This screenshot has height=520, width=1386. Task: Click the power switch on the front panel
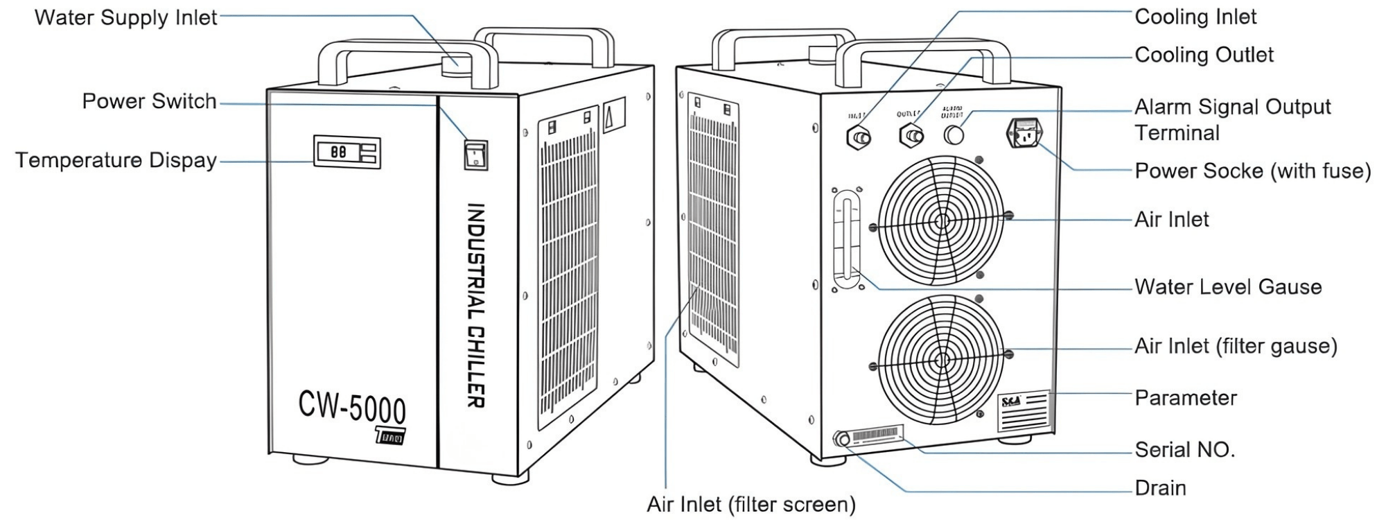pyautogui.click(x=475, y=155)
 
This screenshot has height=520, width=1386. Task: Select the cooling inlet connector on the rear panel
pyautogui.click(x=859, y=137)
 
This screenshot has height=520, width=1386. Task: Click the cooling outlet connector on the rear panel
pyautogui.click(x=911, y=135)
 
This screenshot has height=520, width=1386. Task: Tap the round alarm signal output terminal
pyautogui.click(x=954, y=134)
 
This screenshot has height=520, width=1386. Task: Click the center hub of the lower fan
pyautogui.click(x=941, y=360)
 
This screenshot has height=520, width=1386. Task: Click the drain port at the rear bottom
pyautogui.click(x=843, y=439)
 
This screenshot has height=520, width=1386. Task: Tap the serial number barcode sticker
pyautogui.click(x=877, y=435)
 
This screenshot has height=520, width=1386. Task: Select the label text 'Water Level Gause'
pyautogui.click(x=1227, y=287)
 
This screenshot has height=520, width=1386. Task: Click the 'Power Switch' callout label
pyautogui.click(x=149, y=102)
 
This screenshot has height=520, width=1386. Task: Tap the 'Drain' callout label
pyautogui.click(x=1160, y=488)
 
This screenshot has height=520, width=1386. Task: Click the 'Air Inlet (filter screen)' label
pyautogui.click(x=751, y=504)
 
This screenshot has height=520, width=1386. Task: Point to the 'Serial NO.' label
pyautogui.click(x=1184, y=450)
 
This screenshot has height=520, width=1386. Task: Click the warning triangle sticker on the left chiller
pyautogui.click(x=613, y=115)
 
